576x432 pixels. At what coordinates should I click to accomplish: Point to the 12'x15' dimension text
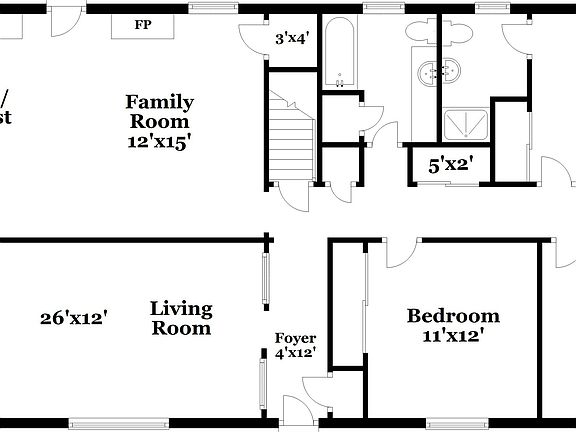[159, 141]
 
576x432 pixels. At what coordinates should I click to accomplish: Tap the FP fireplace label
[143, 24]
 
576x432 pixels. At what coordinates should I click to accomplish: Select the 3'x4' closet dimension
[292, 39]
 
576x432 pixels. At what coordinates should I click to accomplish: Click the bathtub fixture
[340, 55]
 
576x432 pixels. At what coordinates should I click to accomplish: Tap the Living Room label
[180, 317]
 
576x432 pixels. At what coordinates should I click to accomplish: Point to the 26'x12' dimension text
[74, 318]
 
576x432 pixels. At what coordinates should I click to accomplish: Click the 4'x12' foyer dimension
[295, 352]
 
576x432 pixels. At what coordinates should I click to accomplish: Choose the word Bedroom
[453, 316]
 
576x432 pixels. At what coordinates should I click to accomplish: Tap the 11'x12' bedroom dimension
[453, 336]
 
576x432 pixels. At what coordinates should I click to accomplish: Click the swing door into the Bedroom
[400, 254]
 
